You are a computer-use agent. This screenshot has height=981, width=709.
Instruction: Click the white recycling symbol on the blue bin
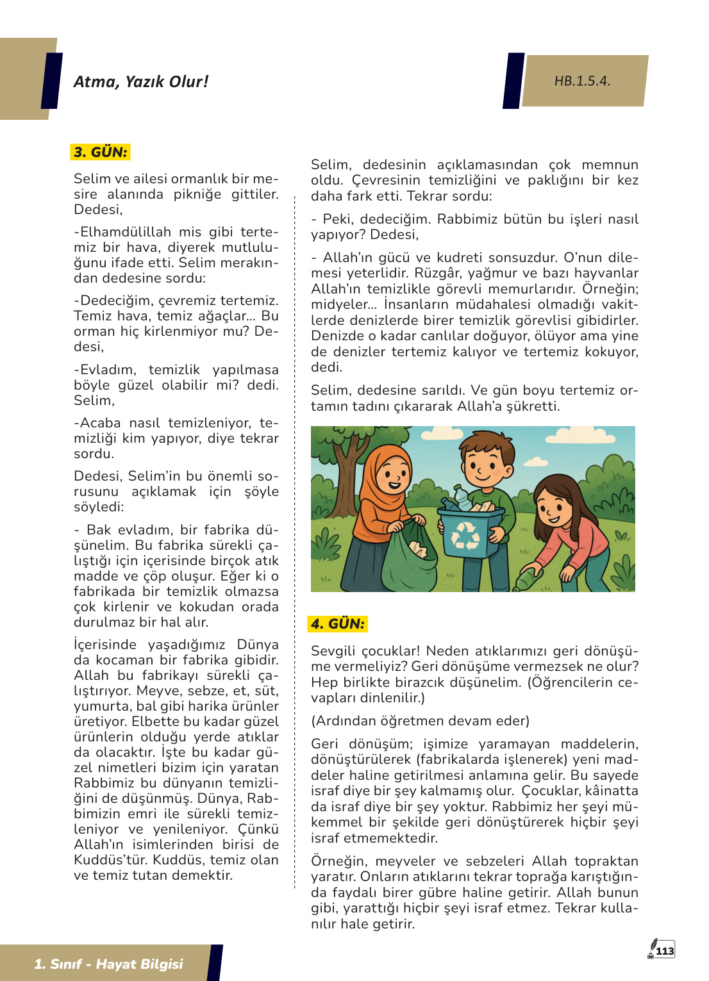point(466,536)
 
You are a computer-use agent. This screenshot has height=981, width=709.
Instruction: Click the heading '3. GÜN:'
point(101,152)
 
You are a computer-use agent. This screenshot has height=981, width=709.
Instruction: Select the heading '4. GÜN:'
point(338,623)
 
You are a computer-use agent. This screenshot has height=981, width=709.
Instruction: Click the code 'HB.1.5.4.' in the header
point(582,81)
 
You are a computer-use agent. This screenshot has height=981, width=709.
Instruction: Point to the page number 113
point(665,951)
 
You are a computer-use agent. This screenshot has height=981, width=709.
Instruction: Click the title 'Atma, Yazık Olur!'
point(141,81)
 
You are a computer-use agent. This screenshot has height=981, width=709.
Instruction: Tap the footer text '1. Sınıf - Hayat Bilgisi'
point(108,964)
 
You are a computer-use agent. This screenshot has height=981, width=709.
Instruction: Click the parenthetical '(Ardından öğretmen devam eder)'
point(421,721)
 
